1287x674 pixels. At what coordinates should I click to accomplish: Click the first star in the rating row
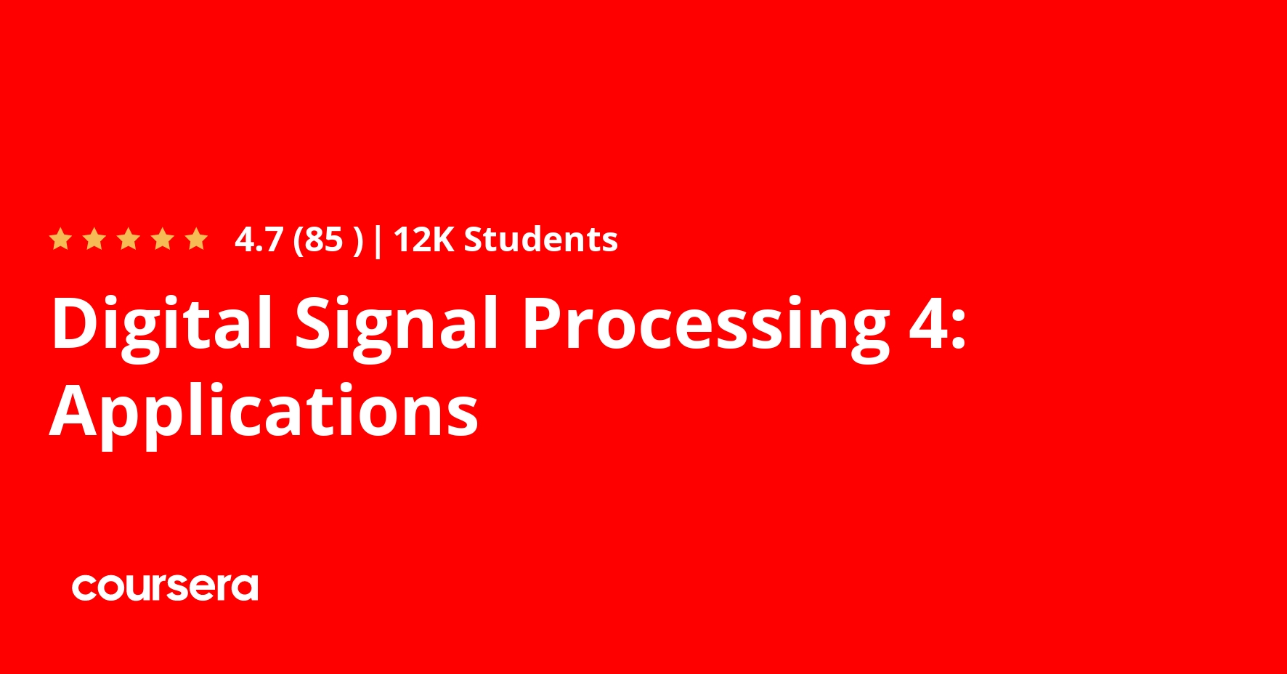(60, 239)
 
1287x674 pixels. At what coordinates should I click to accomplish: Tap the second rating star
(94, 239)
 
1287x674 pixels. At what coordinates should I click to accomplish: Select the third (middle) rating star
(129, 239)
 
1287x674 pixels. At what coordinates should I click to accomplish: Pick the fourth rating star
(163, 239)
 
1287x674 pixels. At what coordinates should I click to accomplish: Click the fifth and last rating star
(197, 239)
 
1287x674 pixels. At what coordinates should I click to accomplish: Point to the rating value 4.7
(259, 240)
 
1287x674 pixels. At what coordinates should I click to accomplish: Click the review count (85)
(328, 240)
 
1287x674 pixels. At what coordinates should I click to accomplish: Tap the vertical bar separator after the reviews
(377, 240)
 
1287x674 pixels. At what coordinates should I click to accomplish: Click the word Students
(541, 239)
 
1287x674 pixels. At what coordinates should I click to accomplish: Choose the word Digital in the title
(162, 324)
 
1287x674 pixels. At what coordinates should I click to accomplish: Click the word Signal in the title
(397, 324)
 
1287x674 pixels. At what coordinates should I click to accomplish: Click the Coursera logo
(165, 587)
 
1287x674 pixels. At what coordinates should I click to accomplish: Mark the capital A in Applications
(76, 410)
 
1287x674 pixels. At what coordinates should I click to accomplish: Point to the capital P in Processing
(543, 322)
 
